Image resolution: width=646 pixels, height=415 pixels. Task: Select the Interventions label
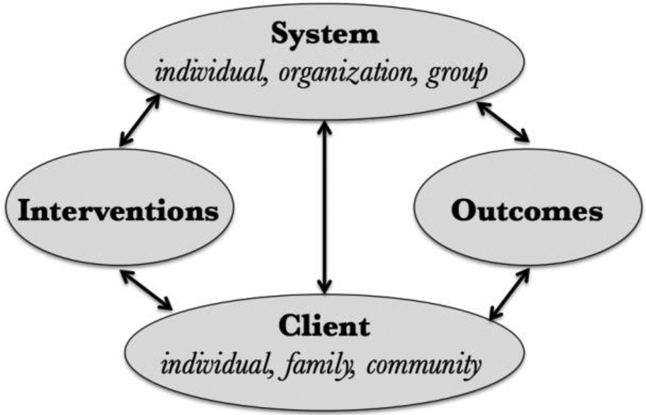pyautogui.click(x=119, y=211)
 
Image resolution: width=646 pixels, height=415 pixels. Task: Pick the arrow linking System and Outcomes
pyautogui.click(x=504, y=121)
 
